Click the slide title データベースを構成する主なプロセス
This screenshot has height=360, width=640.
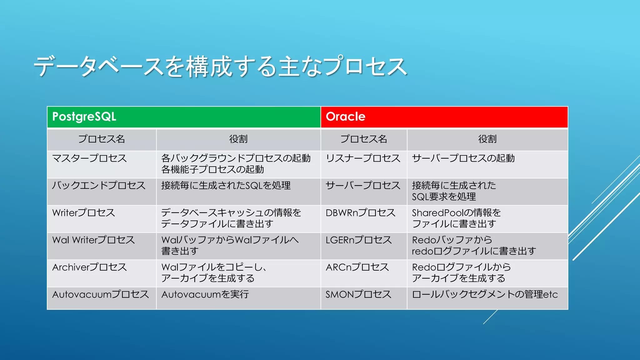click(x=220, y=66)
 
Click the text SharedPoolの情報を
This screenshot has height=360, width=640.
click(x=456, y=213)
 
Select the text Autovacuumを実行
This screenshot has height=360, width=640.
click(x=205, y=294)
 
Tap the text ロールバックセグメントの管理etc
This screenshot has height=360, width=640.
click(x=485, y=294)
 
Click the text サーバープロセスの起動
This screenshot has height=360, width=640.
click(x=463, y=158)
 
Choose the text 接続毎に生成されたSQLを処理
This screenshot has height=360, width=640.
click(x=226, y=186)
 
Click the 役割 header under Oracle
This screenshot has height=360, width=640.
click(x=487, y=139)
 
